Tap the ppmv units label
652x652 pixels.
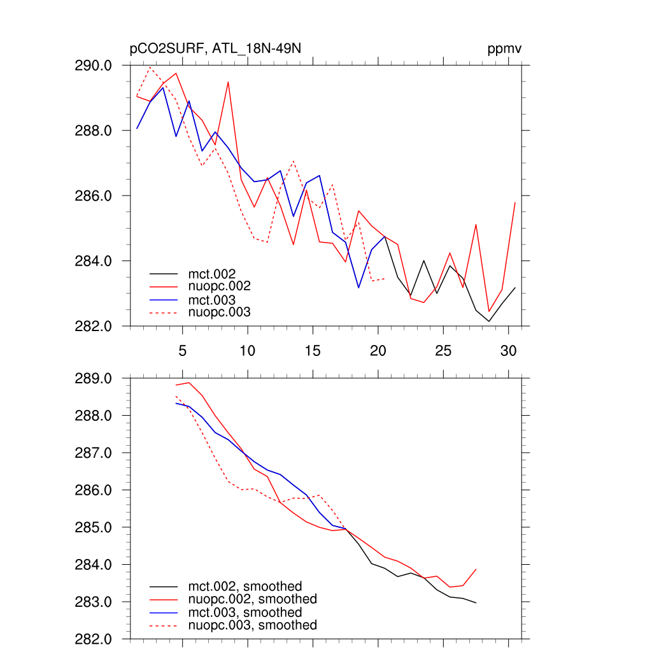point(505,50)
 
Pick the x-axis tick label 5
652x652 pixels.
point(183,351)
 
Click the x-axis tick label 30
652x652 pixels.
point(508,351)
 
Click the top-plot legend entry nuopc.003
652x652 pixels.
point(220,312)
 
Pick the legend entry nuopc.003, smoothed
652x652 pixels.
point(253,625)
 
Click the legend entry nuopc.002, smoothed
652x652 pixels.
point(253,599)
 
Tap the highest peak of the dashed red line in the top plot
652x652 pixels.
point(150,67)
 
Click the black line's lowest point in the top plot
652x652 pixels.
point(489,322)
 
